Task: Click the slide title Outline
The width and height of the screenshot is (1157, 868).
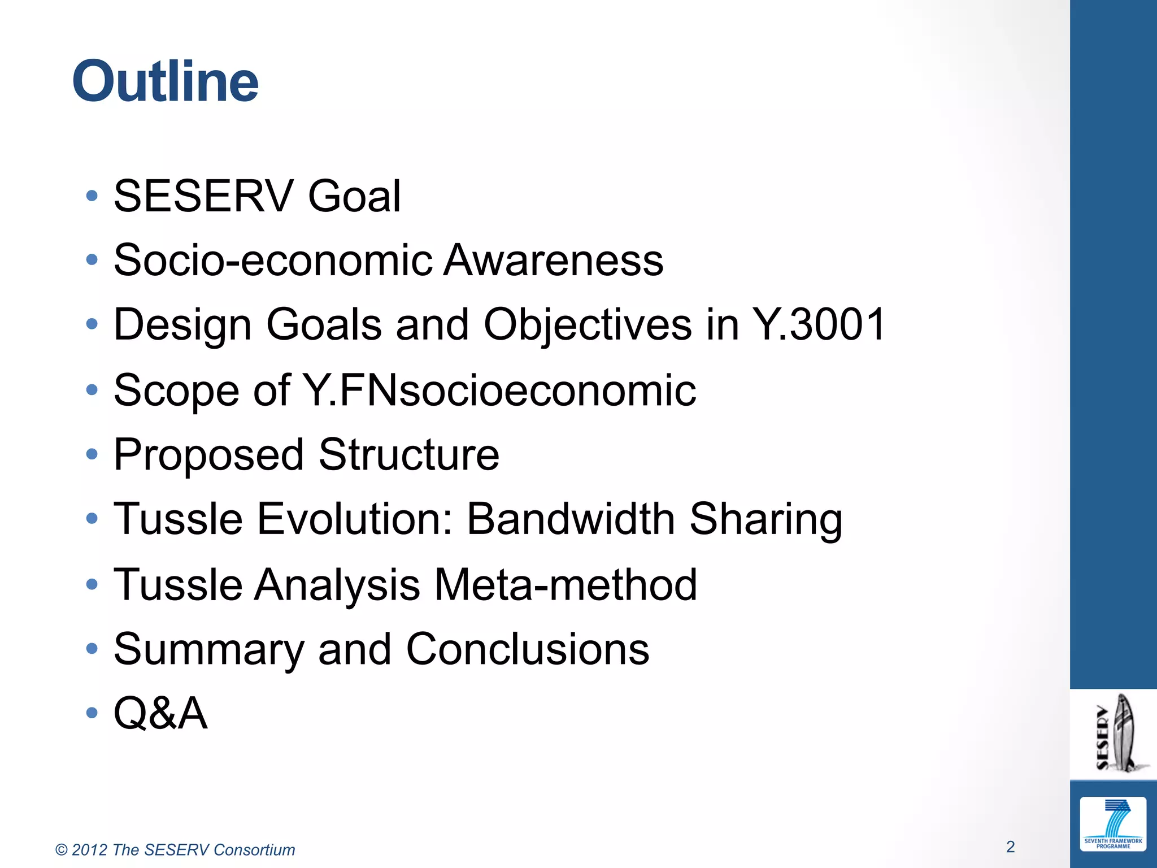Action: (165, 82)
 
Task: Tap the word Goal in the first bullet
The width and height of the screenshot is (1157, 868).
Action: (354, 196)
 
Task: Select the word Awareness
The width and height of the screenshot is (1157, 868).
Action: (553, 260)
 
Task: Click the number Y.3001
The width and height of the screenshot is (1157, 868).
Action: (819, 324)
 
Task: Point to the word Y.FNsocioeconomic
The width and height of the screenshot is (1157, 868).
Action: (499, 390)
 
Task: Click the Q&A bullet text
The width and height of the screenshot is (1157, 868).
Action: (160, 713)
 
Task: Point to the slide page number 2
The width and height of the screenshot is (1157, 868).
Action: (1010, 847)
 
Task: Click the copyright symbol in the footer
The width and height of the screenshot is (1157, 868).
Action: (62, 850)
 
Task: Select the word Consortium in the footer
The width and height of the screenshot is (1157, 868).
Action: (254, 850)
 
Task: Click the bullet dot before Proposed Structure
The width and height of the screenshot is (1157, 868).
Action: (92, 454)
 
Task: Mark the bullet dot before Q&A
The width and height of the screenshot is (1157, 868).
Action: (92, 713)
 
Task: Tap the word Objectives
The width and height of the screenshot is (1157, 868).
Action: (588, 325)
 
